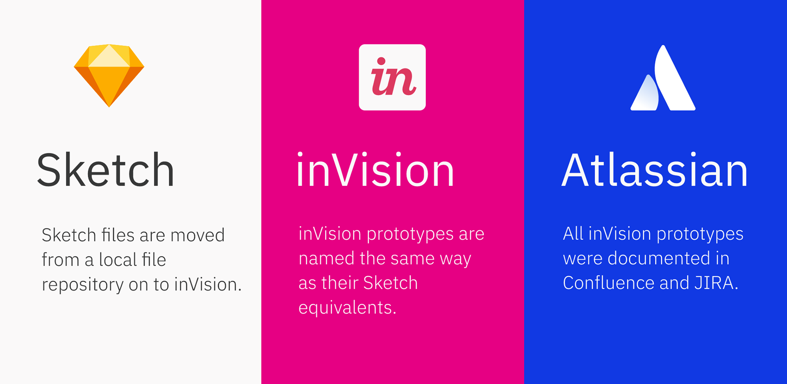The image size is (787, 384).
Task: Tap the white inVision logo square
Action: pyautogui.click(x=392, y=77)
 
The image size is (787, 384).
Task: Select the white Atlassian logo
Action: pyautogui.click(x=663, y=78)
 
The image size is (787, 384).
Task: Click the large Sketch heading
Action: pyautogui.click(x=106, y=170)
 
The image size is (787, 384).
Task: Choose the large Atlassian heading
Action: pyautogui.click(x=655, y=170)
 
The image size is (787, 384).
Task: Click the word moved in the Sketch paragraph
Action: pyautogui.click(x=198, y=235)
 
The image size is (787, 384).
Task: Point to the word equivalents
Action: pyautogui.click(x=347, y=308)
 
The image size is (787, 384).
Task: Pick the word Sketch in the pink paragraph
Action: pyautogui.click(x=390, y=283)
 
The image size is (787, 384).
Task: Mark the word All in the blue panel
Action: pyautogui.click(x=573, y=234)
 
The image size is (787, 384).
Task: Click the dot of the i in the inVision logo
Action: pyautogui.click(x=381, y=61)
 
